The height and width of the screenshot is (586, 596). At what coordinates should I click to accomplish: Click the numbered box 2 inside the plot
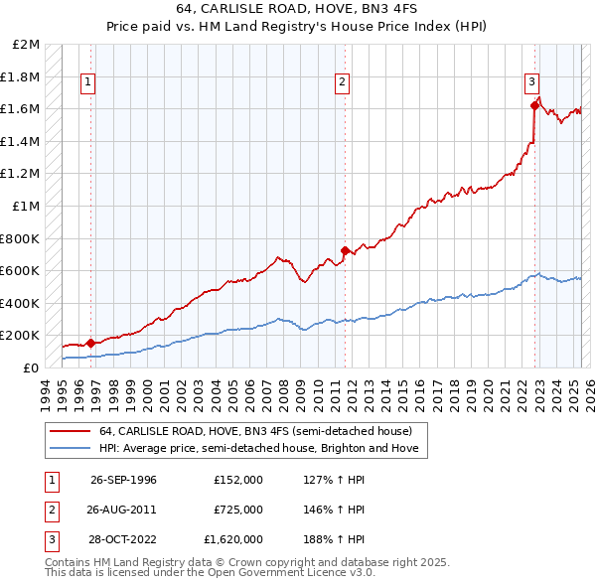point(342,82)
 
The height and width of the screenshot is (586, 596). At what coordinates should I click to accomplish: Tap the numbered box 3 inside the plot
point(532,82)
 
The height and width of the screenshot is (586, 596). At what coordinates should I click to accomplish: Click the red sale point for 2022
point(534,105)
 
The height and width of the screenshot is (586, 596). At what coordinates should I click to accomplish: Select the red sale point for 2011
point(345,250)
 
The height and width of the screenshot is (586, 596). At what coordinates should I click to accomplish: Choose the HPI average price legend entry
point(259,448)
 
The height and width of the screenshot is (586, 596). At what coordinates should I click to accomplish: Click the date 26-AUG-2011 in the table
point(123,510)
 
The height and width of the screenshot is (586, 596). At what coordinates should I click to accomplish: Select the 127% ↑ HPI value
point(331,480)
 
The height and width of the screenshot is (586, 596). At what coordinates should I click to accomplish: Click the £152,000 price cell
point(238,480)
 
